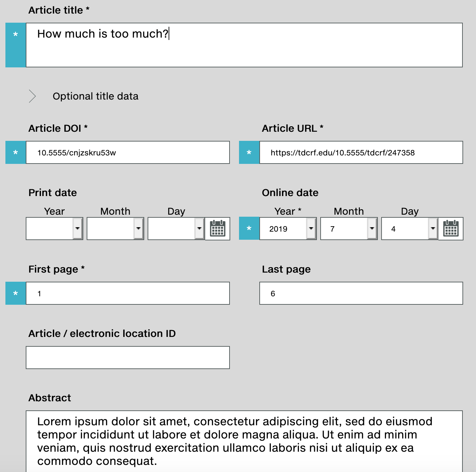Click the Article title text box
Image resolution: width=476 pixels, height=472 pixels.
click(x=244, y=45)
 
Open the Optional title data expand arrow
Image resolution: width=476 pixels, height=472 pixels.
click(x=33, y=96)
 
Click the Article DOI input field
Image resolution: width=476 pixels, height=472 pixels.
click(x=128, y=152)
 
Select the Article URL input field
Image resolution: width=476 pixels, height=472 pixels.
click(x=361, y=152)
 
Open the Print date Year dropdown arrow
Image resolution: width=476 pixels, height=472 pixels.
click(x=78, y=229)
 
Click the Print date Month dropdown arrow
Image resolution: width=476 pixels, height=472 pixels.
click(x=138, y=229)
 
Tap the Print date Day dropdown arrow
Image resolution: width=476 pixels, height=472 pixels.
click(x=199, y=229)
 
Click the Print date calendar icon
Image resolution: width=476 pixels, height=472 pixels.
click(x=218, y=229)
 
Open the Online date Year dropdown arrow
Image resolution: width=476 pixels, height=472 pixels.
click(x=311, y=229)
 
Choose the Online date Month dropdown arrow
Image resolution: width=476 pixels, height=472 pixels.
click(x=372, y=229)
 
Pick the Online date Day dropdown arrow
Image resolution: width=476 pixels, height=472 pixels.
click(x=433, y=229)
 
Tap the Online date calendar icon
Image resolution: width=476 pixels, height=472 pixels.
click(x=451, y=229)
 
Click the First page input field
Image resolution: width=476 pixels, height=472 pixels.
click(x=128, y=293)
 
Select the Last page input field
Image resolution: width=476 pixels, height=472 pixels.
click(x=361, y=293)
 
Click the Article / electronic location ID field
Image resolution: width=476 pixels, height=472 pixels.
click(x=128, y=358)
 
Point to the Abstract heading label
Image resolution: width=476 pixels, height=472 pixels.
click(x=50, y=398)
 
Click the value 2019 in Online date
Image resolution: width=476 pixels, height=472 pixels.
click(x=278, y=229)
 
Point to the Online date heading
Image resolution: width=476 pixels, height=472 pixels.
click(x=290, y=193)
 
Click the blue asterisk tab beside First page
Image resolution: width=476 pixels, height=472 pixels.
click(x=16, y=293)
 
